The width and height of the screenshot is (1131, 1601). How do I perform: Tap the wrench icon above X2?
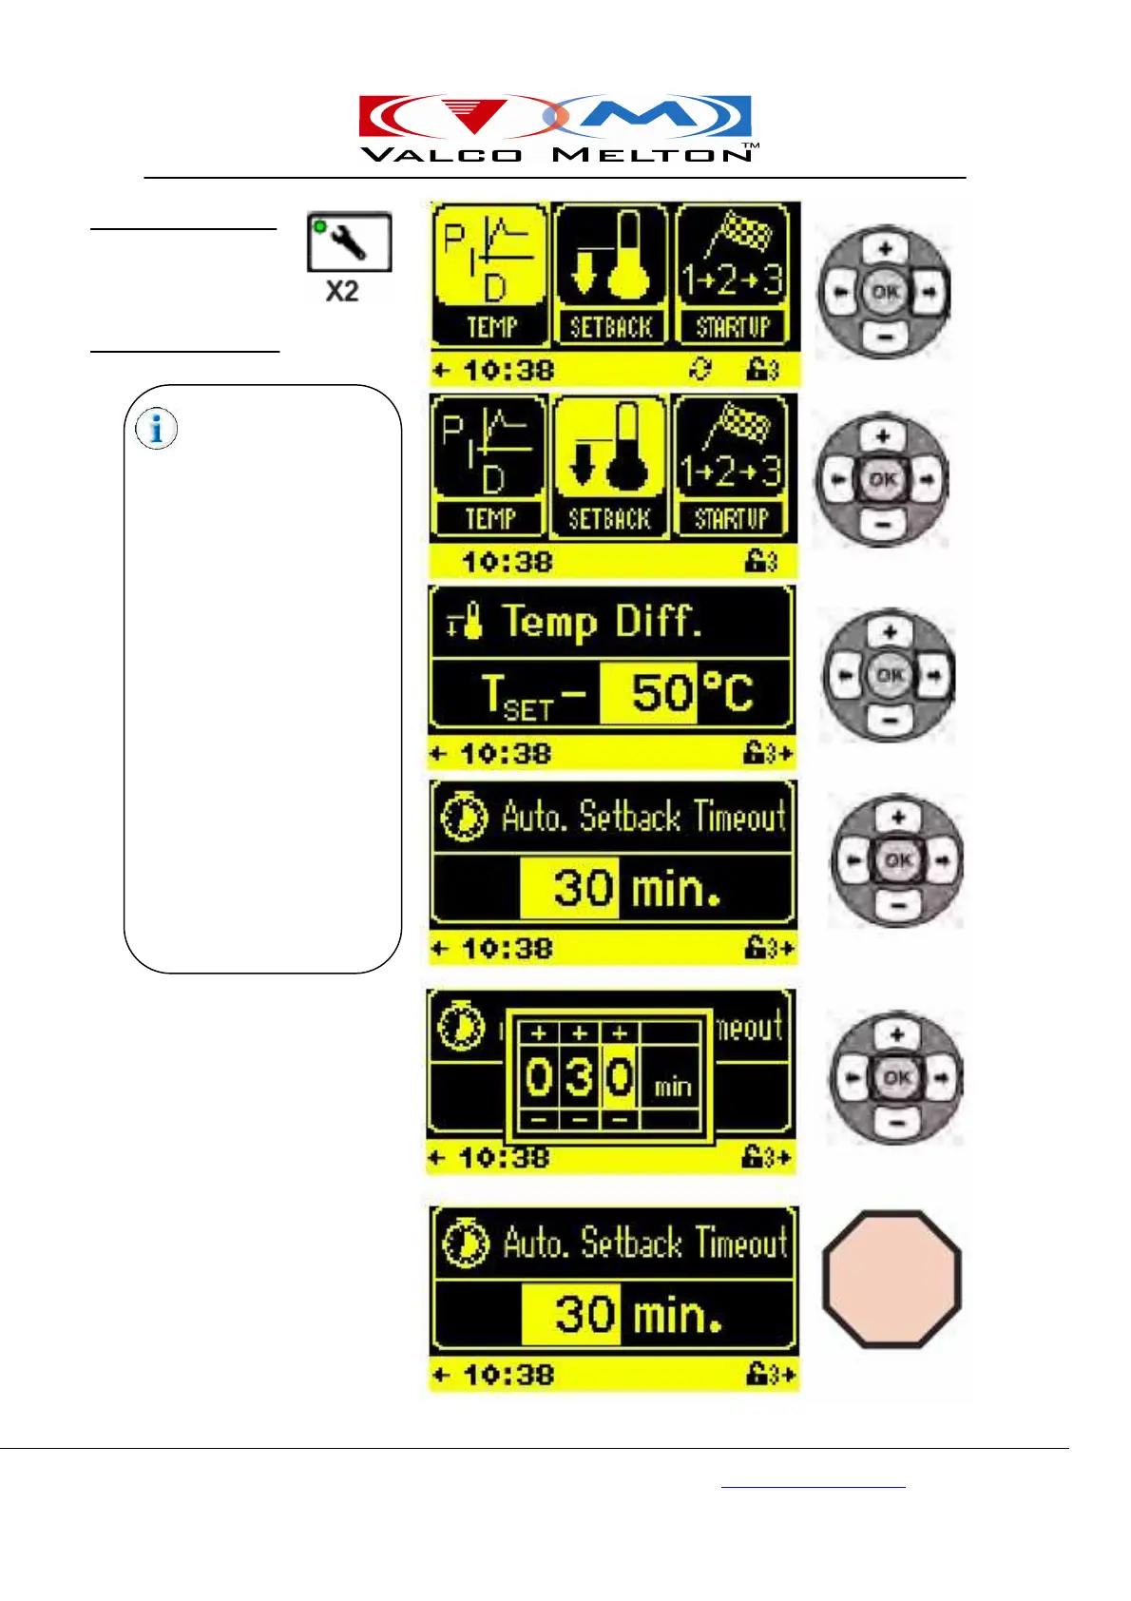[x=349, y=241]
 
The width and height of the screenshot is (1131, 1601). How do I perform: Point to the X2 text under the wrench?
[x=342, y=291]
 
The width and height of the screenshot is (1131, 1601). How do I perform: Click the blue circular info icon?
[x=156, y=428]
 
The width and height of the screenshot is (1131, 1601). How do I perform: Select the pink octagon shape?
[x=891, y=1279]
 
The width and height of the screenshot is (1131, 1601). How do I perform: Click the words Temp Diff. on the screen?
[x=602, y=622]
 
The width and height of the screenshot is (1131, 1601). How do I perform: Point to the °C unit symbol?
[x=727, y=692]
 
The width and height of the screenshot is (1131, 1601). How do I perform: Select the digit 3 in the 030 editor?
[x=580, y=1077]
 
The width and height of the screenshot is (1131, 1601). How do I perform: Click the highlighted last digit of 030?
[x=620, y=1077]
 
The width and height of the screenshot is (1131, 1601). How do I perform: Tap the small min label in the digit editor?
[x=673, y=1086]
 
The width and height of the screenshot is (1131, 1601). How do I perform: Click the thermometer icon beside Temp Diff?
[x=465, y=624]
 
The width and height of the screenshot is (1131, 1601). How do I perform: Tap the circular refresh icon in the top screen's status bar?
[x=700, y=368]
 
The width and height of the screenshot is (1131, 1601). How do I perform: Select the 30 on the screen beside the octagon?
[x=583, y=1314]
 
